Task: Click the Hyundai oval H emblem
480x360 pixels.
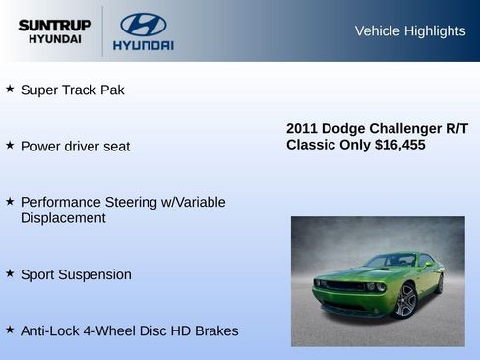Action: [x=143, y=24]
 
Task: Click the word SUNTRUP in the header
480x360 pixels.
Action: [x=55, y=25]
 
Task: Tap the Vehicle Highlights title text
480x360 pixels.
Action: [x=409, y=30]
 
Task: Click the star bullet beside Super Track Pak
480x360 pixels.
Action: [x=10, y=89]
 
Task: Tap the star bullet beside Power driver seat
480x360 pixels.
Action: [x=10, y=145]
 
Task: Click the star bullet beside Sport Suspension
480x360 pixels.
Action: [x=10, y=273]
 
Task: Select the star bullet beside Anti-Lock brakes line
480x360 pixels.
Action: [x=10, y=330]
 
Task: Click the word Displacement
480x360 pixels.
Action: [x=63, y=217]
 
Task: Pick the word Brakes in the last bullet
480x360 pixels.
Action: [x=214, y=330]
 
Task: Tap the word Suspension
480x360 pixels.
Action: [x=95, y=274]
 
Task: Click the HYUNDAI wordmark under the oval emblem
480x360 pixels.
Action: [x=143, y=45]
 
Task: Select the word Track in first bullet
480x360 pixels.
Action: [x=82, y=90]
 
